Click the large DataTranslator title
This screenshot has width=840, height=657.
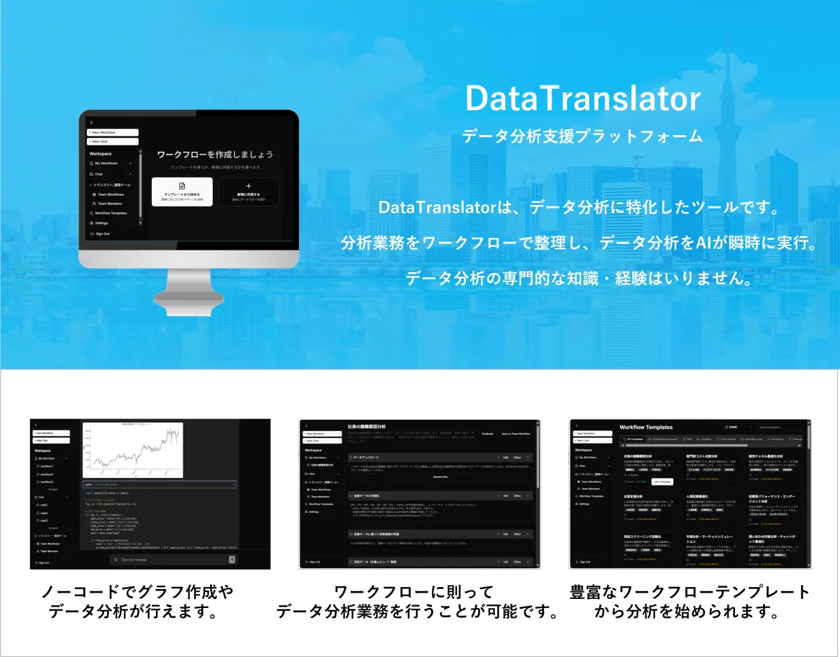582,99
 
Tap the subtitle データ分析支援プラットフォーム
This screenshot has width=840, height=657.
582,136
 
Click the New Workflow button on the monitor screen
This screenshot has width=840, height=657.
113,132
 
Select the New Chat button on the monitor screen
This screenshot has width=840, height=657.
113,141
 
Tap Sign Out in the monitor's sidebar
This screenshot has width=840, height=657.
102,234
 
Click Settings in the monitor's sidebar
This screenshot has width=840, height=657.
101,223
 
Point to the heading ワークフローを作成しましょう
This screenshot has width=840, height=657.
215,155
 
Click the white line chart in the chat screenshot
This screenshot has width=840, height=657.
132,450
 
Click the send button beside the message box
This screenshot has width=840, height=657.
232,560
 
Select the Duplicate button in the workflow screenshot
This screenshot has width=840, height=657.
487,434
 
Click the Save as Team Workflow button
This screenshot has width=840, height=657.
516,434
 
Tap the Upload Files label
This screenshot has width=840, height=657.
440,476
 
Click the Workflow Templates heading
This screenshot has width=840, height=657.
645,427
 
